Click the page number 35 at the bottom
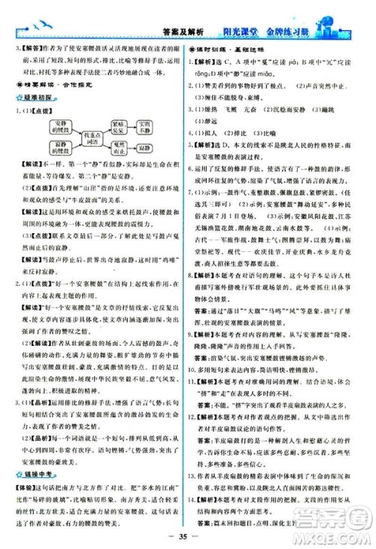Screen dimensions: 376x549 (187, 537)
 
